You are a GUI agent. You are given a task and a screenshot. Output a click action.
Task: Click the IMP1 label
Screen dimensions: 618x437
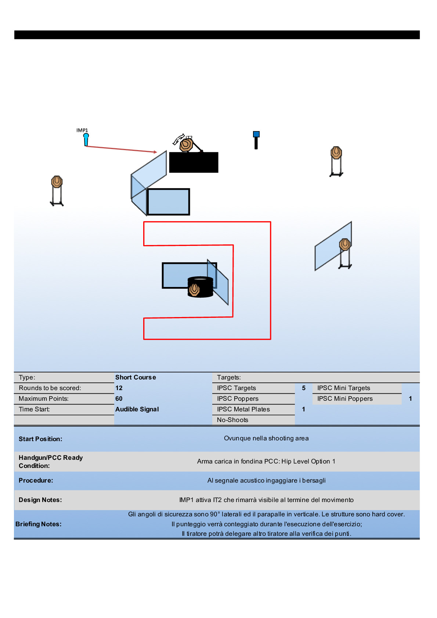point(82,130)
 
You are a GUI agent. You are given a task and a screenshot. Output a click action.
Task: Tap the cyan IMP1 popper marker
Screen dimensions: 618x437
point(86,139)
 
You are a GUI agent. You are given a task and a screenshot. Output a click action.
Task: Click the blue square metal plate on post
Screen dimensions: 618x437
point(256,135)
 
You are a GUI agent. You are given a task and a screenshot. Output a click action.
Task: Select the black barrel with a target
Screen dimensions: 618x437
point(201,287)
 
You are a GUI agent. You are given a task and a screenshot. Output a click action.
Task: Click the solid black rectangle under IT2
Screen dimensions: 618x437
point(194,162)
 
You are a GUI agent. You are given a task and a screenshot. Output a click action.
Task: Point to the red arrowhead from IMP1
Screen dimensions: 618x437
point(155,152)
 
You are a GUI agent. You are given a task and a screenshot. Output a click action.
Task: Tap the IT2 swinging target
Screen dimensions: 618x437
point(186,145)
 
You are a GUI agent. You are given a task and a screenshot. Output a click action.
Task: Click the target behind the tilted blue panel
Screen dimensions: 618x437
point(345,244)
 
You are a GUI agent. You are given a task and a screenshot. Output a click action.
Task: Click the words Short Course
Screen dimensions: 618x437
point(136,377)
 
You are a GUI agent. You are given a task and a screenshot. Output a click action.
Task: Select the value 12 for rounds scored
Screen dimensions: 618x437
point(119,388)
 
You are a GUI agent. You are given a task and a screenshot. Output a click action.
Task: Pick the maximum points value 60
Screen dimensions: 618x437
point(119,399)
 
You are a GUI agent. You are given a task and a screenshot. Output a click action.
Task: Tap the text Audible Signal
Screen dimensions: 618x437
point(137,409)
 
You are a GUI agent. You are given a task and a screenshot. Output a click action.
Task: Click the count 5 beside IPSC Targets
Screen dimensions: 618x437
point(304,388)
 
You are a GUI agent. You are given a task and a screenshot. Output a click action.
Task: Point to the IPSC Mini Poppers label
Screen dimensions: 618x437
point(345,399)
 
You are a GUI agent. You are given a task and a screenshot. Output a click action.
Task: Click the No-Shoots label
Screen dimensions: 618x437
point(232,420)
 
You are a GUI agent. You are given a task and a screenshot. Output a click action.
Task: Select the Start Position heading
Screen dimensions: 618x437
point(40,439)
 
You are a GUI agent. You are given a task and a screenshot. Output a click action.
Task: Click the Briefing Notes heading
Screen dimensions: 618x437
point(39,524)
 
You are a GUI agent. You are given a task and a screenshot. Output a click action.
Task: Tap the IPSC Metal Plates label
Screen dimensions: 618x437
point(243,409)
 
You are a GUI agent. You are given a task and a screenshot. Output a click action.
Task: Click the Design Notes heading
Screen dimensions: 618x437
point(40,500)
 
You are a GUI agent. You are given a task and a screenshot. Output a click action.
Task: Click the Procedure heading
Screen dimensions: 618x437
point(36,480)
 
